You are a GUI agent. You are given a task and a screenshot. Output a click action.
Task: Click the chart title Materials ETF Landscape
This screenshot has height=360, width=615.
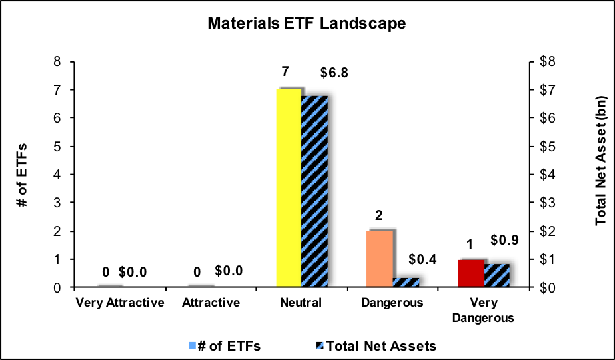[x=307, y=23]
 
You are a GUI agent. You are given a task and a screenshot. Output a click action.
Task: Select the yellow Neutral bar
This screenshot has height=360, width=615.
[x=289, y=188]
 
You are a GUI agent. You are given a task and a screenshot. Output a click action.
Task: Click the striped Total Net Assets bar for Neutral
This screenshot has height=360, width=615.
[x=314, y=191]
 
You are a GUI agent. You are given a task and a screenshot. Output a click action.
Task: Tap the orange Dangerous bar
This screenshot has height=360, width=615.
[x=380, y=259]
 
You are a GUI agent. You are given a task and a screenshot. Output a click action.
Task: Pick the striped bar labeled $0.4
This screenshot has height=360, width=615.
[x=405, y=283]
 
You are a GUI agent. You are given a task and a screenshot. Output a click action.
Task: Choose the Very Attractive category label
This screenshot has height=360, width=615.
[x=119, y=303]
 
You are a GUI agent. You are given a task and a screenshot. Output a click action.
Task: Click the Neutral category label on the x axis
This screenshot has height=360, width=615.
[x=301, y=303]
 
